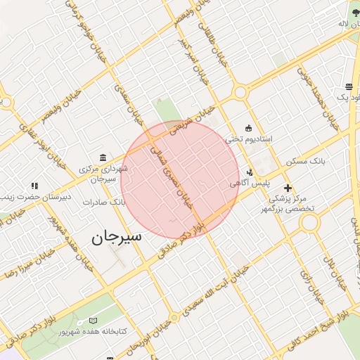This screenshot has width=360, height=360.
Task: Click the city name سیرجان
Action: click(116, 236)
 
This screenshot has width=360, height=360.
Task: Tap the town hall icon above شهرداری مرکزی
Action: click(103, 156)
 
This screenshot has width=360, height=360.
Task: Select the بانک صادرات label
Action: click(103, 202)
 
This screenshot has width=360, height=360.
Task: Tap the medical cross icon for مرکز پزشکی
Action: click(288, 188)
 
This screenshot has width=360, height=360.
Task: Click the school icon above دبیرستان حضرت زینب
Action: click(34, 186)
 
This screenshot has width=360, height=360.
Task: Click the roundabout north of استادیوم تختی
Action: click(241, 91)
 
